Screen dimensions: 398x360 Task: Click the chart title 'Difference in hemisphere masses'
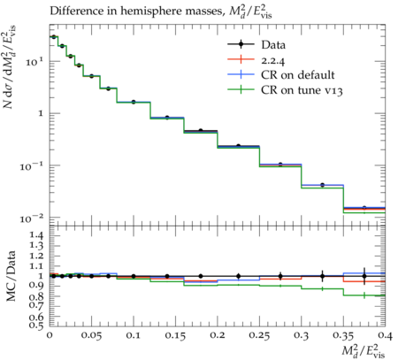pyautogui.click(x=135, y=11)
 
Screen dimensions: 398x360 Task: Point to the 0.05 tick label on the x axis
pyautogui.click(x=91, y=335)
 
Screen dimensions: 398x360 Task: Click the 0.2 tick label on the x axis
pyautogui.click(x=218, y=335)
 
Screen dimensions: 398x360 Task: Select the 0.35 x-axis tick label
pyautogui.click(x=343, y=335)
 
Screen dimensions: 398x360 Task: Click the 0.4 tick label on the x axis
pyautogui.click(x=386, y=335)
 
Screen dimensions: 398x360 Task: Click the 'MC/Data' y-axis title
pyautogui.click(x=11, y=276)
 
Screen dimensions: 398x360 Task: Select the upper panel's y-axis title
pyautogui.click(x=10, y=67)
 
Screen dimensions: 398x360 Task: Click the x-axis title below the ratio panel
pyautogui.click(x=364, y=351)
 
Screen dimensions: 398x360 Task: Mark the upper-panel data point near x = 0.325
pyautogui.click(x=323, y=185)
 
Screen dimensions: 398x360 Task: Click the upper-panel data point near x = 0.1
pyautogui.click(x=134, y=102)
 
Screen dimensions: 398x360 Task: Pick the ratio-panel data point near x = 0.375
pyautogui.click(x=364, y=276)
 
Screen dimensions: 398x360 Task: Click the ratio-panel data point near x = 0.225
pyautogui.click(x=239, y=276)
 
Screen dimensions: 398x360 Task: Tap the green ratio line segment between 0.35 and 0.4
pyautogui.click(x=364, y=295)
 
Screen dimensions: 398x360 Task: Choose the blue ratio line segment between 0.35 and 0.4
pyautogui.click(x=364, y=273)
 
